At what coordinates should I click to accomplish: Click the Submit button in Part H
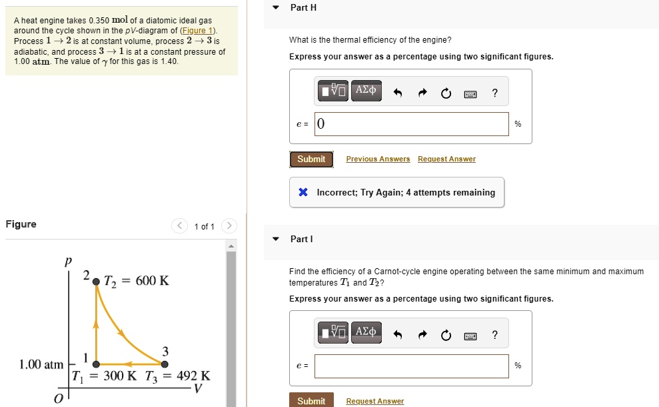click(x=311, y=159)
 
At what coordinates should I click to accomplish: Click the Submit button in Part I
click(x=311, y=400)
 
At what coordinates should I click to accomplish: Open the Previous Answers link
click(x=378, y=159)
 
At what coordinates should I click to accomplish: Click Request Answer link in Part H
click(x=446, y=159)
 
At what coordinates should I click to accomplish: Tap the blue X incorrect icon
click(x=303, y=193)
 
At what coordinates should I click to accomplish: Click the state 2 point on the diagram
click(x=96, y=282)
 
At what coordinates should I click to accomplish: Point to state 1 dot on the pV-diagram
click(x=96, y=364)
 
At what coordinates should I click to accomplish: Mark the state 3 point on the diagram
click(x=165, y=364)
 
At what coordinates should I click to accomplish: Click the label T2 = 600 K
click(x=137, y=281)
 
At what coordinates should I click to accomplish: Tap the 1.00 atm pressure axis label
click(x=41, y=364)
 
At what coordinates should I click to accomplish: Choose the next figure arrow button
click(x=229, y=226)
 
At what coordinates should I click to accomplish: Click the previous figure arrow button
click(x=180, y=226)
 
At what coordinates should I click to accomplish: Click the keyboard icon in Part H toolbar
click(x=470, y=94)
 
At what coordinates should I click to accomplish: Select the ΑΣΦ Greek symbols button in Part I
click(x=366, y=332)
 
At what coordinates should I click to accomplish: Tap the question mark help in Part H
click(x=494, y=93)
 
